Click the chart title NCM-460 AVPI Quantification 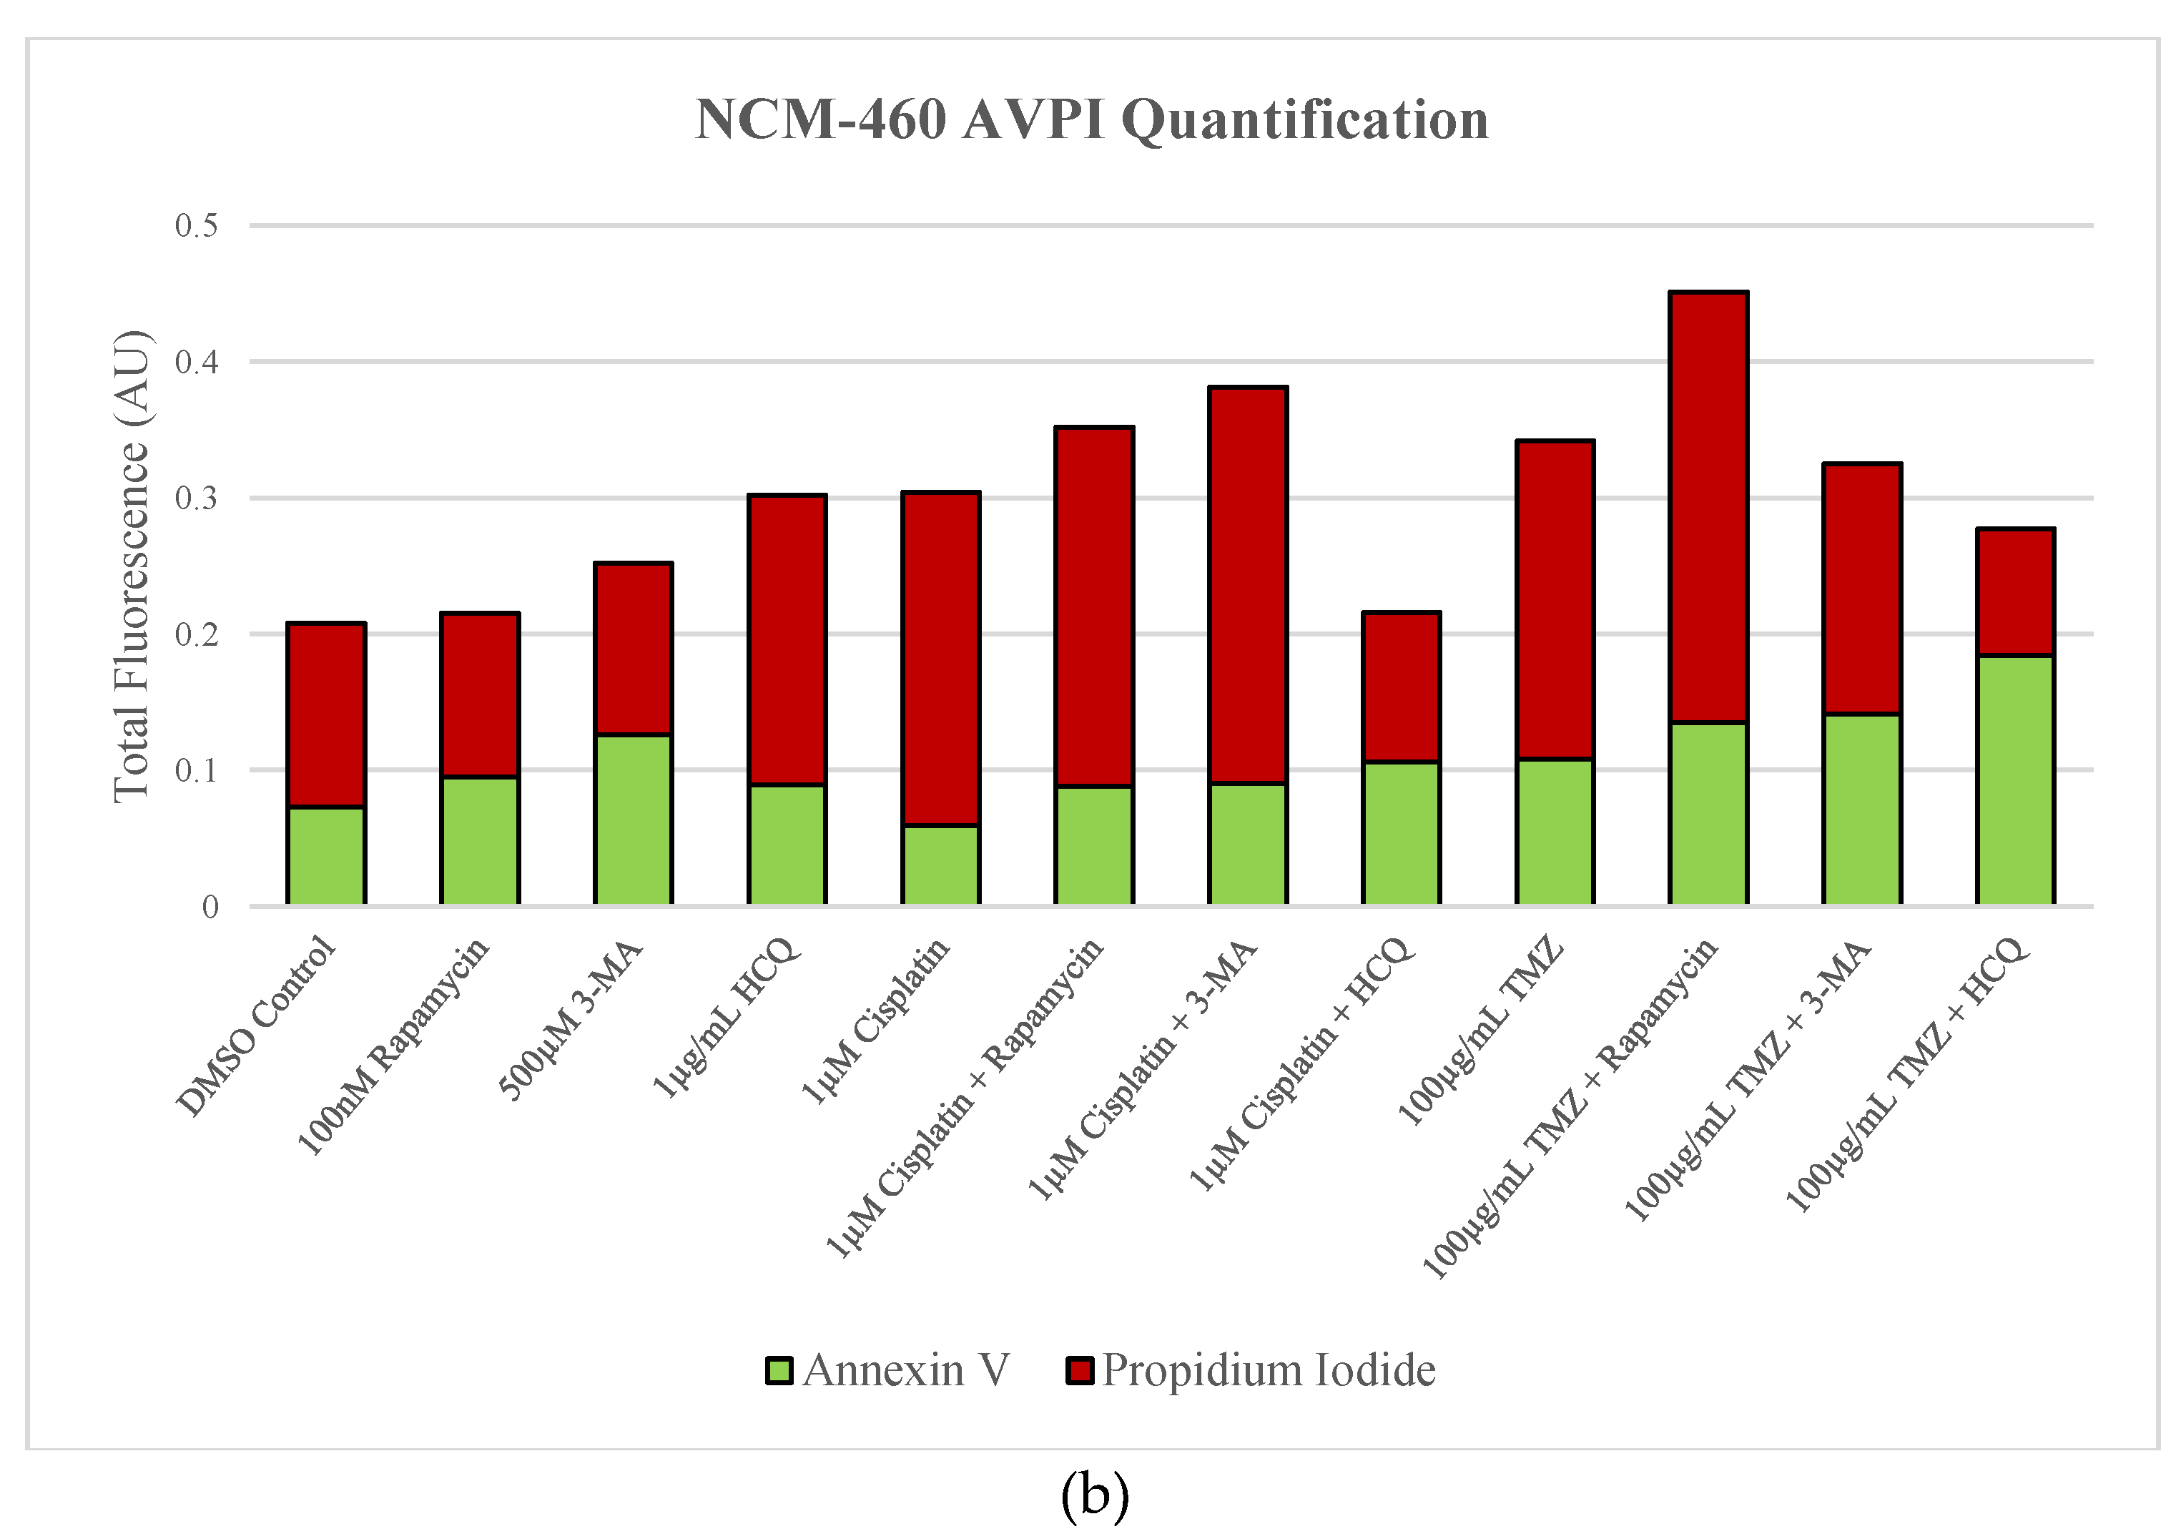[1091, 121]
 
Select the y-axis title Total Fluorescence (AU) [131, 567]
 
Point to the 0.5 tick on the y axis [196, 226]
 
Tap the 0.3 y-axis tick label [196, 498]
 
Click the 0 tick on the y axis [210, 907]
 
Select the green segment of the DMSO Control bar [326, 855]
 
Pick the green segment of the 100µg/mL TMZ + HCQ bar [2015, 779]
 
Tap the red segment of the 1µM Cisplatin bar [940, 658]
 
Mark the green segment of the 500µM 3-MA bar [634, 819]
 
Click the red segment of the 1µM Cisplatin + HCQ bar [1401, 687]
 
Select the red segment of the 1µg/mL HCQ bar [787, 639]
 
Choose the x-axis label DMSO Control [257, 1026]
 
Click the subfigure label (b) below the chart [1094, 1494]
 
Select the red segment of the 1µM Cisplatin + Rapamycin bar [1094, 606]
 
